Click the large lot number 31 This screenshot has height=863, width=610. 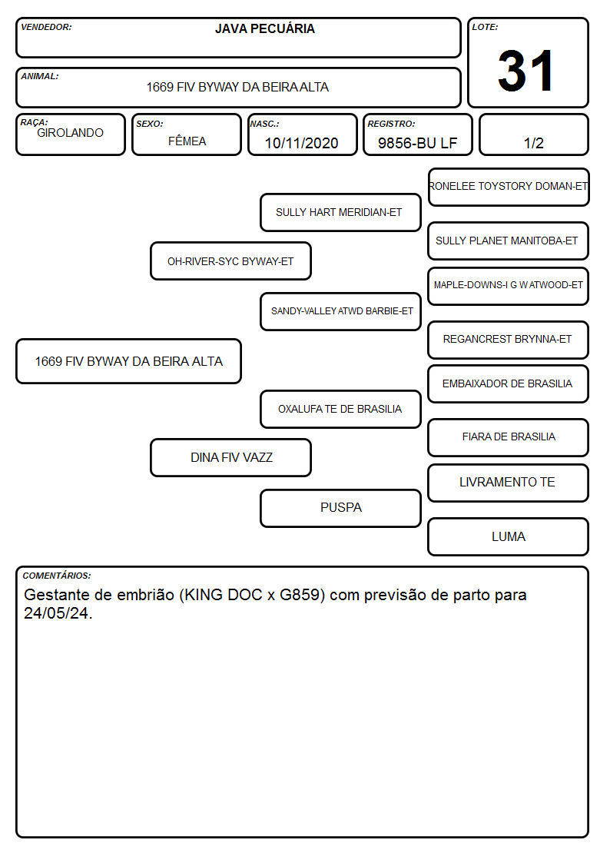(525, 71)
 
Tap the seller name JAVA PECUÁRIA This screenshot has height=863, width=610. (264, 28)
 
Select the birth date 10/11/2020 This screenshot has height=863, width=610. (301, 143)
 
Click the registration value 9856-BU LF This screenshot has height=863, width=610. (417, 143)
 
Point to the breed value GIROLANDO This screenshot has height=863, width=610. (71, 133)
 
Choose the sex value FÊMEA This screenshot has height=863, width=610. (187, 141)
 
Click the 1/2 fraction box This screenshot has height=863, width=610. (533, 134)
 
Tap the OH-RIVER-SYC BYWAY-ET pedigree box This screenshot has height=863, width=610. (230, 261)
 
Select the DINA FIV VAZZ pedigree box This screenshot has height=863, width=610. (230, 457)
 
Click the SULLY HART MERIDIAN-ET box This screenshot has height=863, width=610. (340, 212)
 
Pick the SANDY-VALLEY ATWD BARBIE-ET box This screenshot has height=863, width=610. (340, 311)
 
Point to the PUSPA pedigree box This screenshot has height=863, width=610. (340, 508)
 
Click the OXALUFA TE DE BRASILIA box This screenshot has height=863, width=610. (340, 409)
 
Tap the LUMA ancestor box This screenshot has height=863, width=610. (509, 536)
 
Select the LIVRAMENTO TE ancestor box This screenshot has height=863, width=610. (509, 483)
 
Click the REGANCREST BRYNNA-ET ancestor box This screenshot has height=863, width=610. (509, 340)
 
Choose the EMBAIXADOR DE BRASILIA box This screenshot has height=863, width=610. (509, 383)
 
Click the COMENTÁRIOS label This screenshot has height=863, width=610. (57, 576)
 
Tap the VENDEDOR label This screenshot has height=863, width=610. (46, 27)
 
